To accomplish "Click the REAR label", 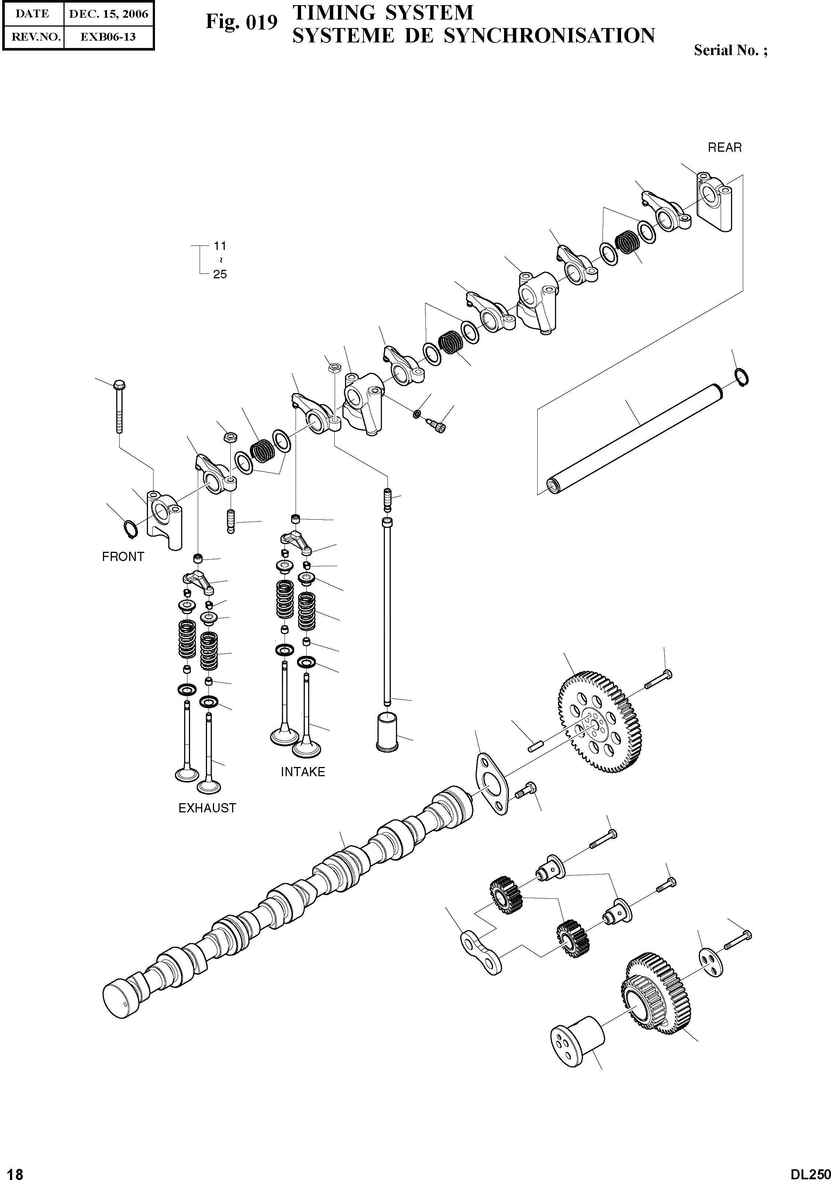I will (725, 148).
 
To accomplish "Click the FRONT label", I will (123, 557).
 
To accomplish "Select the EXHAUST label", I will (207, 808).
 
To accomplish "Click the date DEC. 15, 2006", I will (108, 14).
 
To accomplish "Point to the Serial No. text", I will (730, 50).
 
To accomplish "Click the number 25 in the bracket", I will (220, 275).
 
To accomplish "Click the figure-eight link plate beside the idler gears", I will (480, 954).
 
